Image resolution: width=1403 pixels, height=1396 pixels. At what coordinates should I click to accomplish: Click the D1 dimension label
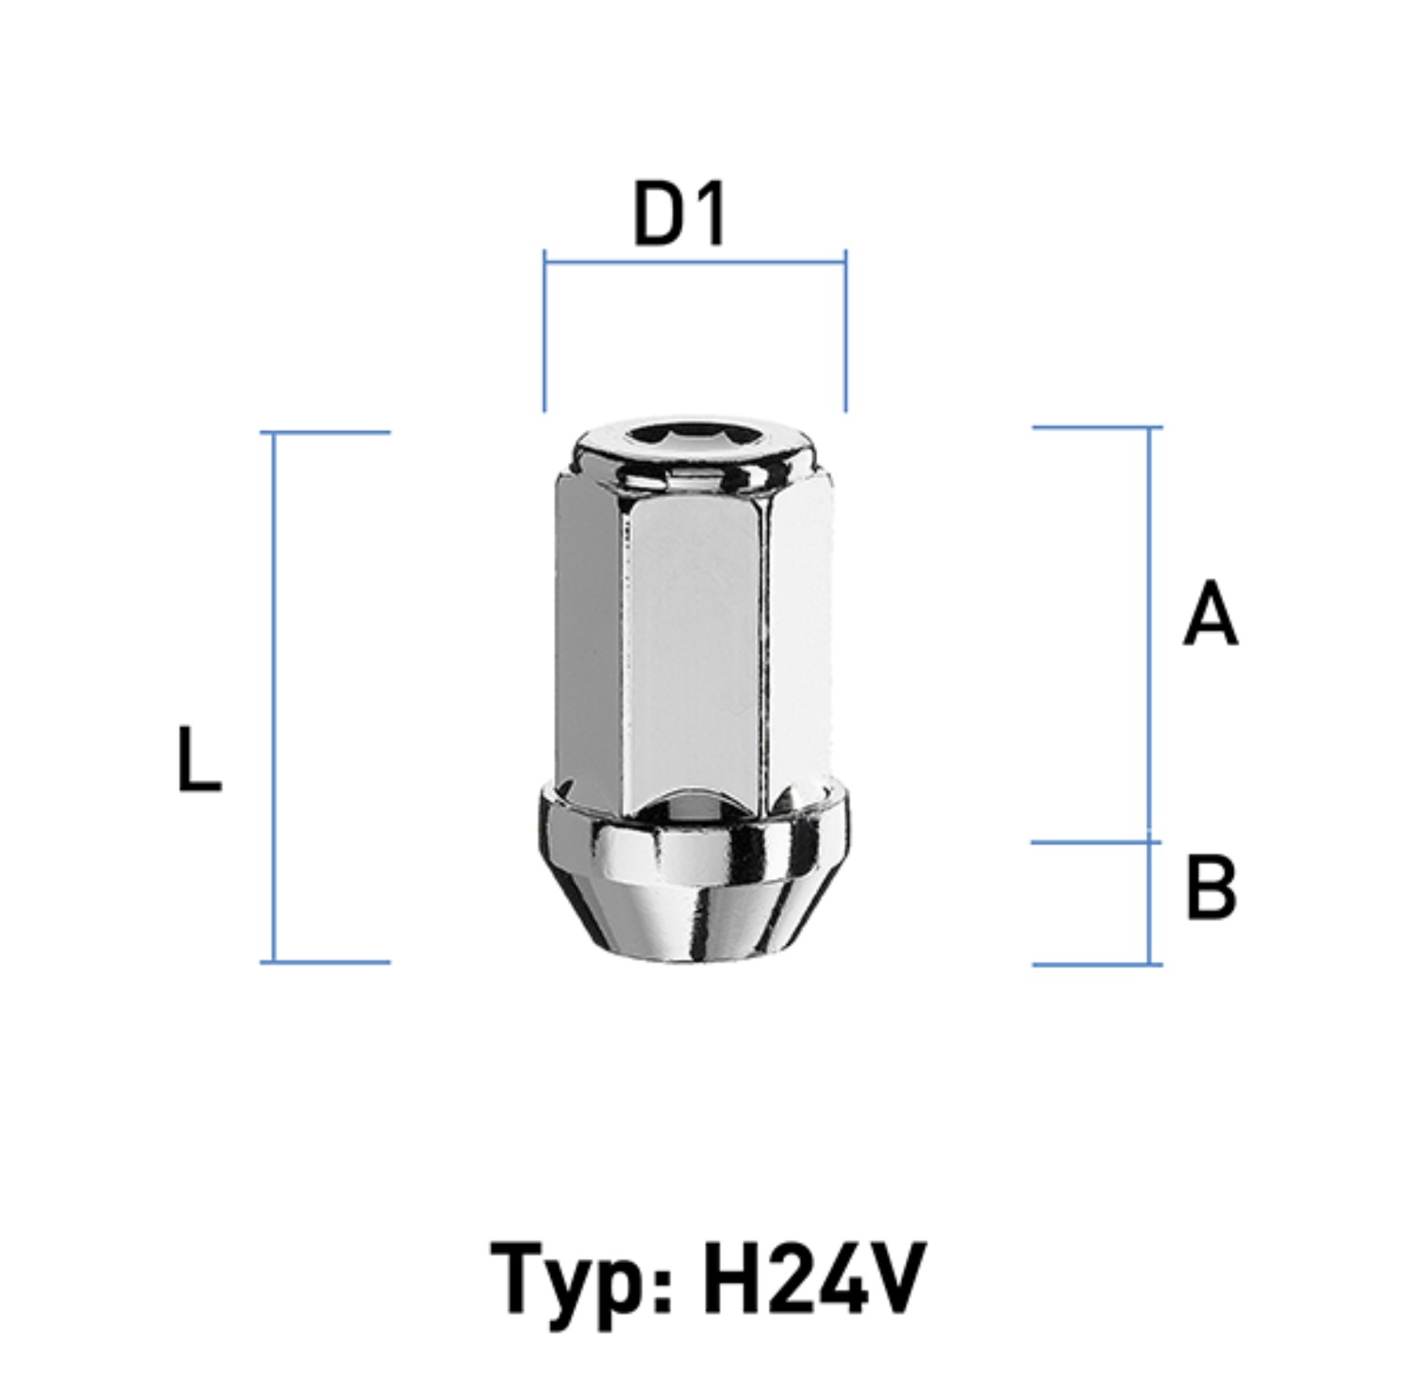tap(679, 214)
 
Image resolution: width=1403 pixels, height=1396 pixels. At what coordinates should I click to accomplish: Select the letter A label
tap(1211, 614)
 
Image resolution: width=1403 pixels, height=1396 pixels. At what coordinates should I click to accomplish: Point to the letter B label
tap(1211, 887)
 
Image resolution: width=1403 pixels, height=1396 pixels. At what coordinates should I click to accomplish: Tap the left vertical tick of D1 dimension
tap(544, 331)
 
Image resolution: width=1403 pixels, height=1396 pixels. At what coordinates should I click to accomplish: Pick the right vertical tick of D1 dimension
tap(845, 331)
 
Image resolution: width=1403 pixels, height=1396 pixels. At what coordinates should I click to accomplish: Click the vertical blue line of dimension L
tap(275, 697)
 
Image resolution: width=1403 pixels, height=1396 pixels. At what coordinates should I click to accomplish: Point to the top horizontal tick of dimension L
tap(326, 433)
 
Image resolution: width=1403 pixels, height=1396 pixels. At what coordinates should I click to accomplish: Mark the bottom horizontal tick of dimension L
tap(326, 962)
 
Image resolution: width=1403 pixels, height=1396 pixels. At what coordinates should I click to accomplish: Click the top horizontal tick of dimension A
tap(1097, 427)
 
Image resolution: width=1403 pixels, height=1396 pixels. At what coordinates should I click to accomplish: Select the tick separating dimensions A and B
tap(1097, 842)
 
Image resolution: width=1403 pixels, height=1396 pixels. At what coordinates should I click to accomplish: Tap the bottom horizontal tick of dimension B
tap(1097, 964)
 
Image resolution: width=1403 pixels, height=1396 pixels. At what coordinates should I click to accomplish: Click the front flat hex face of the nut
tap(693, 651)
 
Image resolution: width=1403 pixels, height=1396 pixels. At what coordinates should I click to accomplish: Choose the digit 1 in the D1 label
tap(710, 214)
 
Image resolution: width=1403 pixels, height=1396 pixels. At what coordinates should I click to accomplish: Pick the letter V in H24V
tap(897, 1277)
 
